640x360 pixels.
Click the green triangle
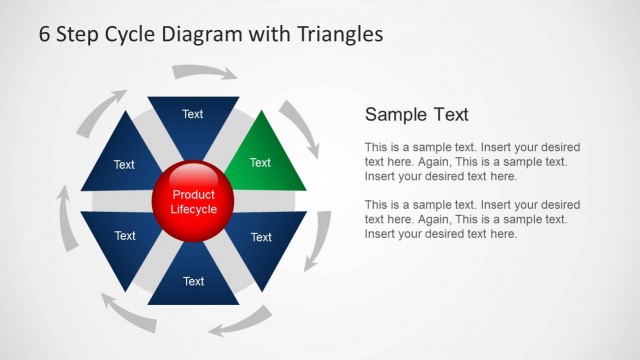(x=262, y=157)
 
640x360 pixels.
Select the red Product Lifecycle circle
(x=193, y=202)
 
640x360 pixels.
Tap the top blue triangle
(x=193, y=118)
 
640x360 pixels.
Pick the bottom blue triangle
(x=193, y=284)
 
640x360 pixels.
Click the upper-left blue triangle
(x=123, y=160)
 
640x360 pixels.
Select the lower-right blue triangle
(x=262, y=240)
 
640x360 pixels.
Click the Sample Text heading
(x=416, y=114)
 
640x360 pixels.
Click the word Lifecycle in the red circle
(x=193, y=210)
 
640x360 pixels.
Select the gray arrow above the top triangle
(x=205, y=72)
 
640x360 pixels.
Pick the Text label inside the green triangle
(x=260, y=163)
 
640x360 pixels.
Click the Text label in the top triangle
(x=193, y=114)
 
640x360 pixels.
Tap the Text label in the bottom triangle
(x=193, y=282)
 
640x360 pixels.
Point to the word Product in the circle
(x=193, y=195)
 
